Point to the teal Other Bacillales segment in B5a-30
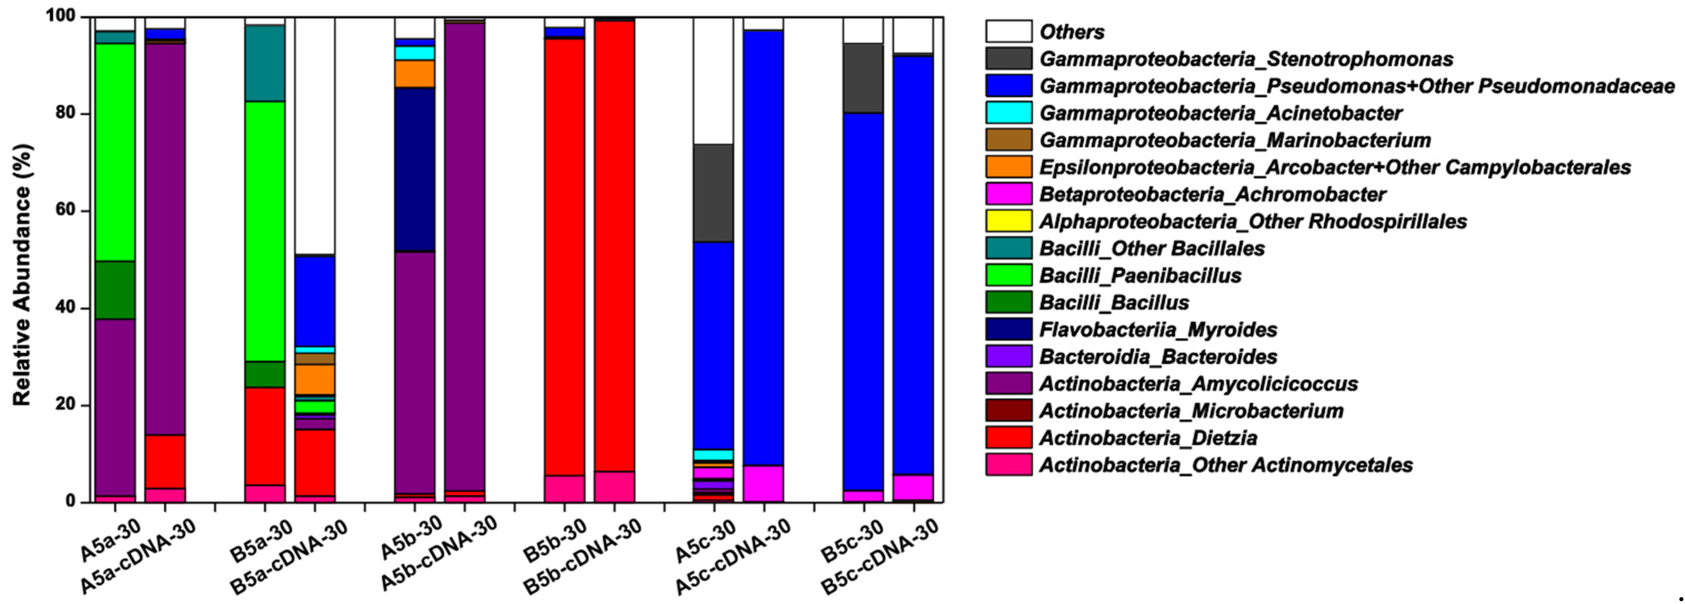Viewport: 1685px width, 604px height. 265,63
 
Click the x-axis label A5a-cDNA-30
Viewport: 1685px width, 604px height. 139,556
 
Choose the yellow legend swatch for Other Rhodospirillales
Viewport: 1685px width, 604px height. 1009,221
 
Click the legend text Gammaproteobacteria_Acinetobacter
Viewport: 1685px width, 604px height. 1221,113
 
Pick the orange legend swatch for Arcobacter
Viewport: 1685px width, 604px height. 1009,167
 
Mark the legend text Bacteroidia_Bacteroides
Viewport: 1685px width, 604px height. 1158,357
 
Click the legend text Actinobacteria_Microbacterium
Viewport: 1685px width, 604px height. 1191,411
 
